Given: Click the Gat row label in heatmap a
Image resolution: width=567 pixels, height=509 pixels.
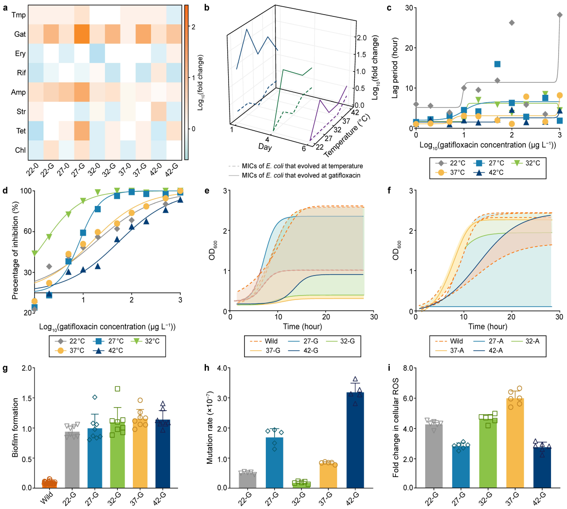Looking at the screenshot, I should tap(20, 34).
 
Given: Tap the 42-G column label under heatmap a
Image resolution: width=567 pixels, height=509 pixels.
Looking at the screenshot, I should tap(171, 169).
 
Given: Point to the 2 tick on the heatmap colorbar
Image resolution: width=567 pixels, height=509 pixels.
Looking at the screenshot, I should tap(193, 27).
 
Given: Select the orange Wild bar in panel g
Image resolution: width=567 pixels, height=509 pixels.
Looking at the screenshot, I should tap(49, 484).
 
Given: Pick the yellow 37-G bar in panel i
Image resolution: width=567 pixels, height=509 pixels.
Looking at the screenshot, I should tap(515, 443).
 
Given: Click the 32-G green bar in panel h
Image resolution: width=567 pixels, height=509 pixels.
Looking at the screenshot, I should tap(301, 484).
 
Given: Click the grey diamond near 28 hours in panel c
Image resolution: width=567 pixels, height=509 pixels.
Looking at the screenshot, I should tap(559, 15).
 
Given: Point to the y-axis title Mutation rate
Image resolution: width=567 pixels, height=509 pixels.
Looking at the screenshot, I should tap(210, 427).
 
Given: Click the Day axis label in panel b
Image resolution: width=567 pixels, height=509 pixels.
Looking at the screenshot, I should tap(265, 147).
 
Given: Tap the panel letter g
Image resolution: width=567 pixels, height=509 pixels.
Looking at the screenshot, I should tap(5, 368).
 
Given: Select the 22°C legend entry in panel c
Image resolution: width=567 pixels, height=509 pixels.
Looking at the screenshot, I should tap(452, 163).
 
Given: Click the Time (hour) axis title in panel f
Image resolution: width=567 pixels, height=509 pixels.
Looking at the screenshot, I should tap(487, 326).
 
